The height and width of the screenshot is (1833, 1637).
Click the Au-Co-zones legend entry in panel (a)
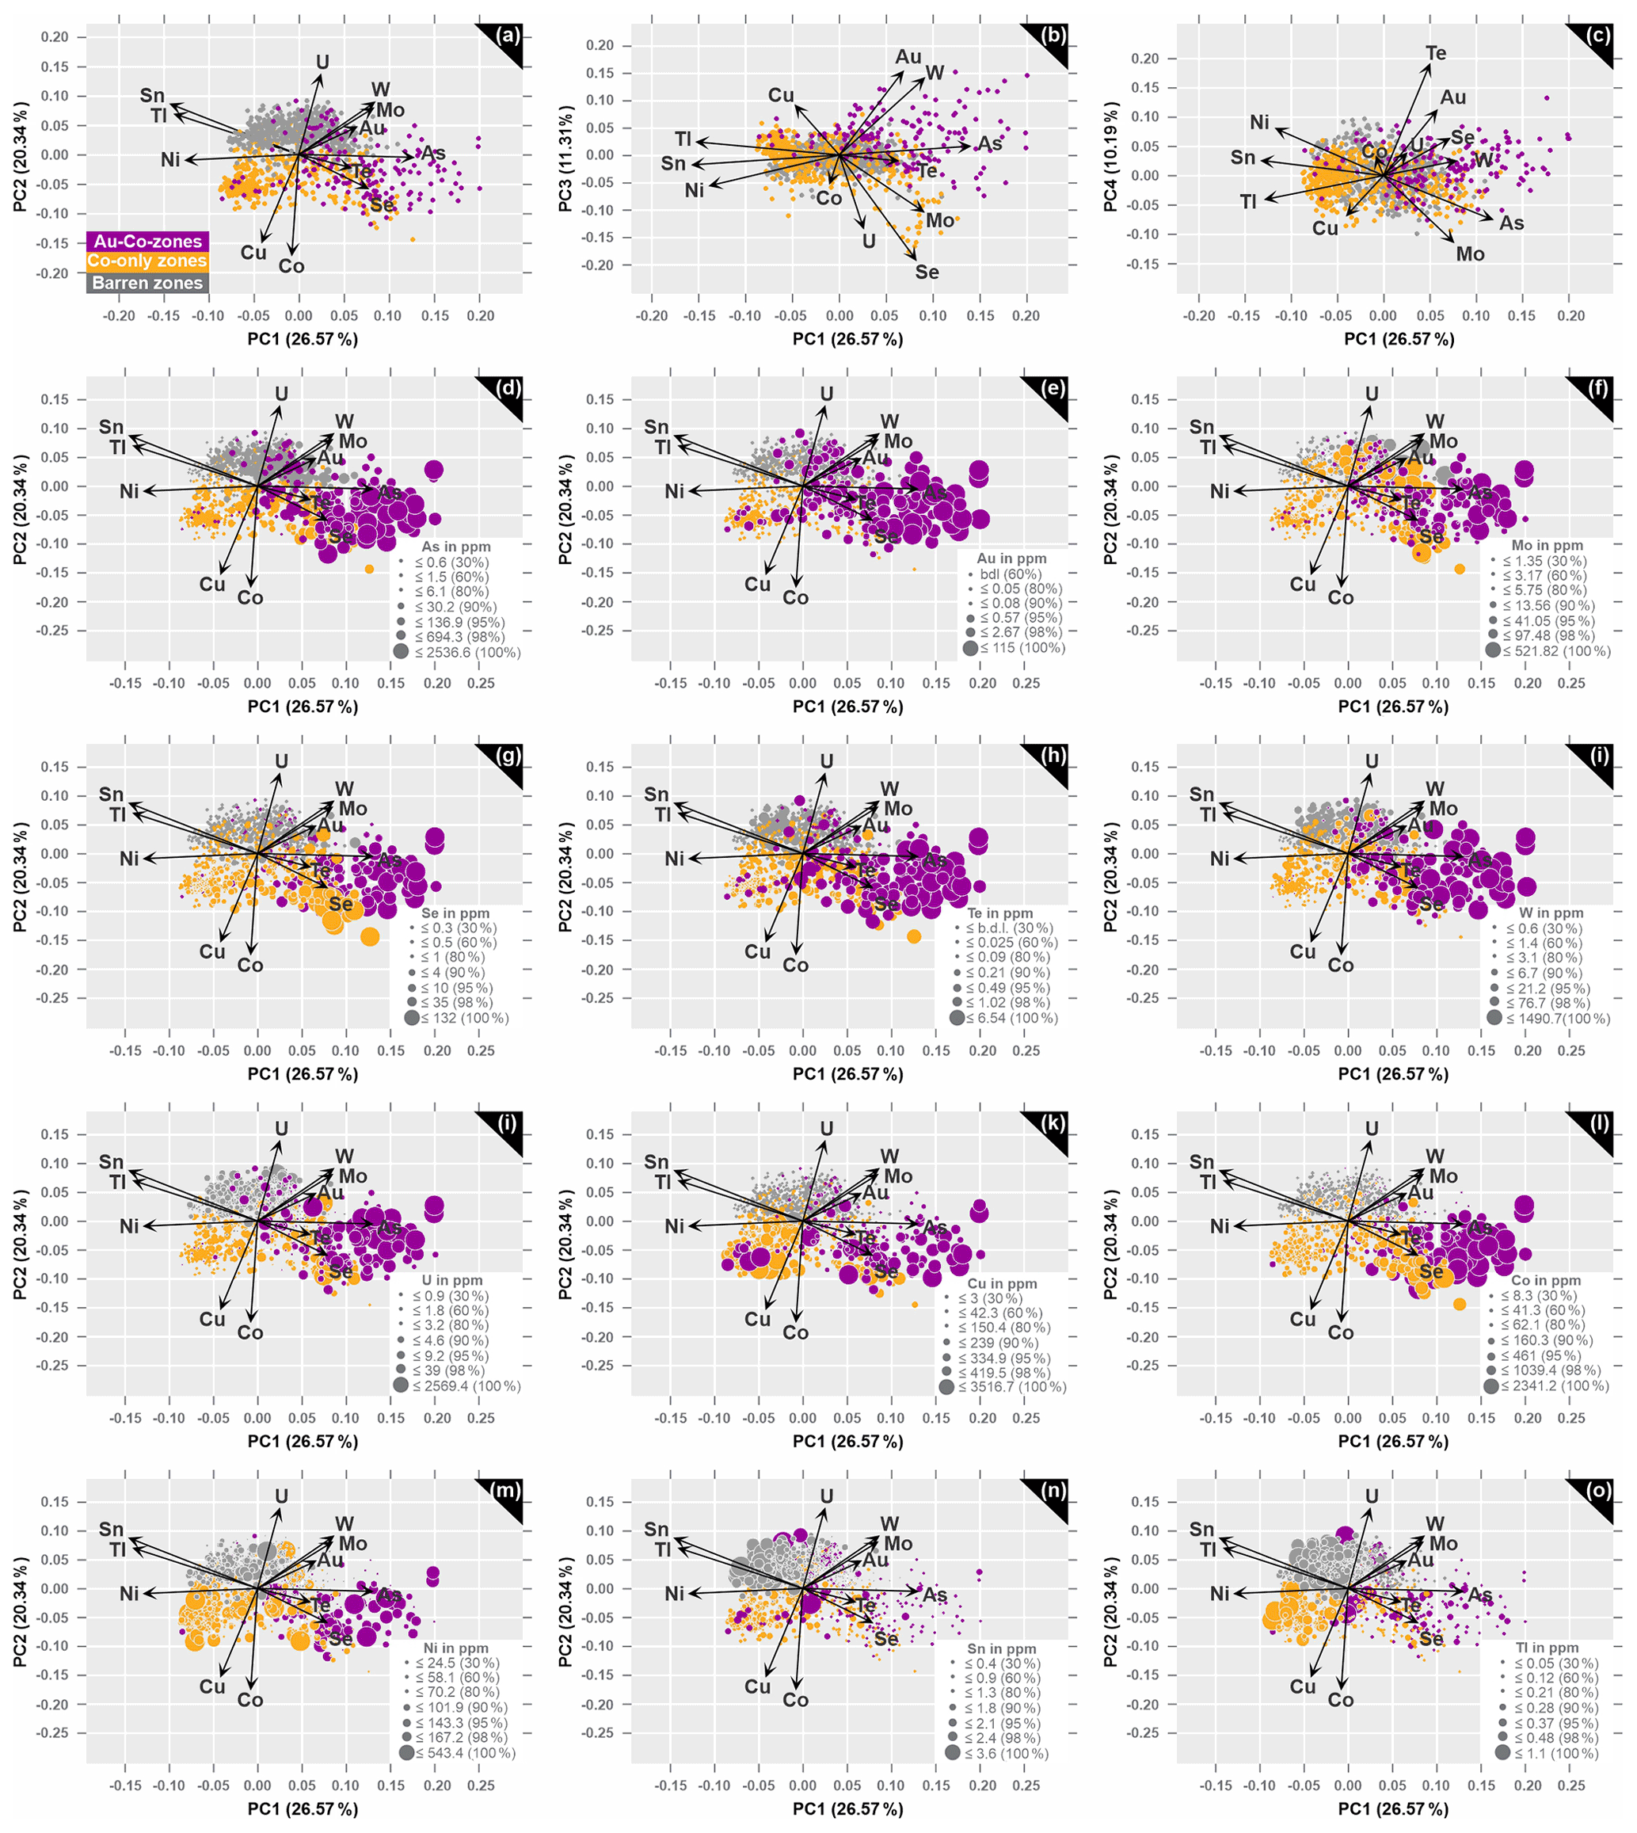click(x=147, y=241)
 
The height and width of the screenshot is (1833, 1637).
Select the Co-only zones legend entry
click(x=147, y=261)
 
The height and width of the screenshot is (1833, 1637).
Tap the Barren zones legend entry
click(x=147, y=283)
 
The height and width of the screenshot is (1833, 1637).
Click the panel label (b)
click(x=1053, y=36)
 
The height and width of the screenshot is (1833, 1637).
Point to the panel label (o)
click(x=1598, y=1490)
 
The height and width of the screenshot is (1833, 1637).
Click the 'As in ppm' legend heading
click(x=456, y=547)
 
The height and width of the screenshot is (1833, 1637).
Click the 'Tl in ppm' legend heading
click(x=1547, y=1648)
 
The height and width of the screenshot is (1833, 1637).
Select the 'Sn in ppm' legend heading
click(x=1001, y=1648)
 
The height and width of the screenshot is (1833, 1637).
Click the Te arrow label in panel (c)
click(x=1436, y=53)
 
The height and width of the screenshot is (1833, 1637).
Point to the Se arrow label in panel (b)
click(x=927, y=272)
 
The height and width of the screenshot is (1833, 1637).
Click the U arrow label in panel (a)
click(x=322, y=62)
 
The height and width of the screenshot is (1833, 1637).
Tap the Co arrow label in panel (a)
click(x=291, y=266)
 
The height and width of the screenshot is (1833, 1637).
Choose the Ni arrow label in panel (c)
click(x=1259, y=122)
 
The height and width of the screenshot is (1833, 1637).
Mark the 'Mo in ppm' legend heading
click(x=1547, y=545)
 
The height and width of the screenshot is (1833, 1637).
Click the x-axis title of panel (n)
click(x=847, y=1808)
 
